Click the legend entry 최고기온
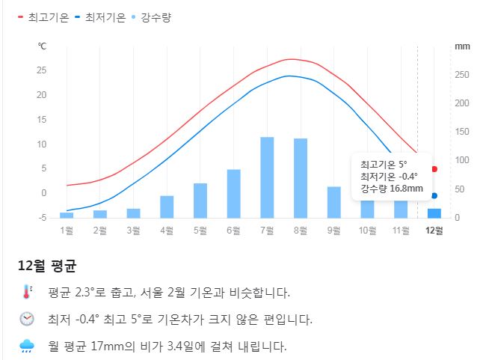(44, 16)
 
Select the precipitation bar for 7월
(267, 177)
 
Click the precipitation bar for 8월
(300, 178)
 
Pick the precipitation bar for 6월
(233, 193)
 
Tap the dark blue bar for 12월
(434, 213)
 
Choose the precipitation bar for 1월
(67, 215)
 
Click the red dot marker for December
(434, 169)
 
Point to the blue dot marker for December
(434, 196)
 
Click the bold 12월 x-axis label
(434, 231)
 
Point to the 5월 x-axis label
(200, 231)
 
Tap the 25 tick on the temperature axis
(42, 70)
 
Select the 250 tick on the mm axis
(461, 75)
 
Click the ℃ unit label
(42, 46)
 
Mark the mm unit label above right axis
(462, 46)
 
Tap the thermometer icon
(27, 292)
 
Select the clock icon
(27, 319)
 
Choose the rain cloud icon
(27, 346)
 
